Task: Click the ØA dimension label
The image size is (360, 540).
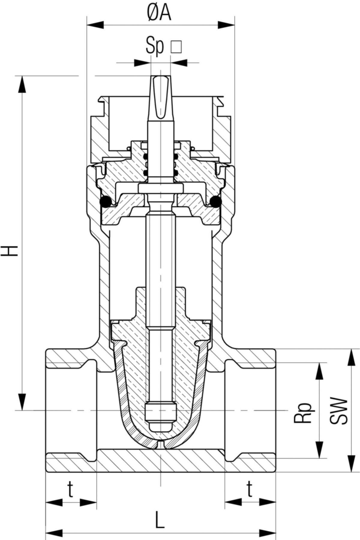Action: coord(160,13)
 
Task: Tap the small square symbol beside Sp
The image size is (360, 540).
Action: coord(176,47)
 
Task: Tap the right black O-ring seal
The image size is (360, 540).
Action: coord(216,202)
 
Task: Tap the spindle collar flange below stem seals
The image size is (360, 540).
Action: coord(160,189)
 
